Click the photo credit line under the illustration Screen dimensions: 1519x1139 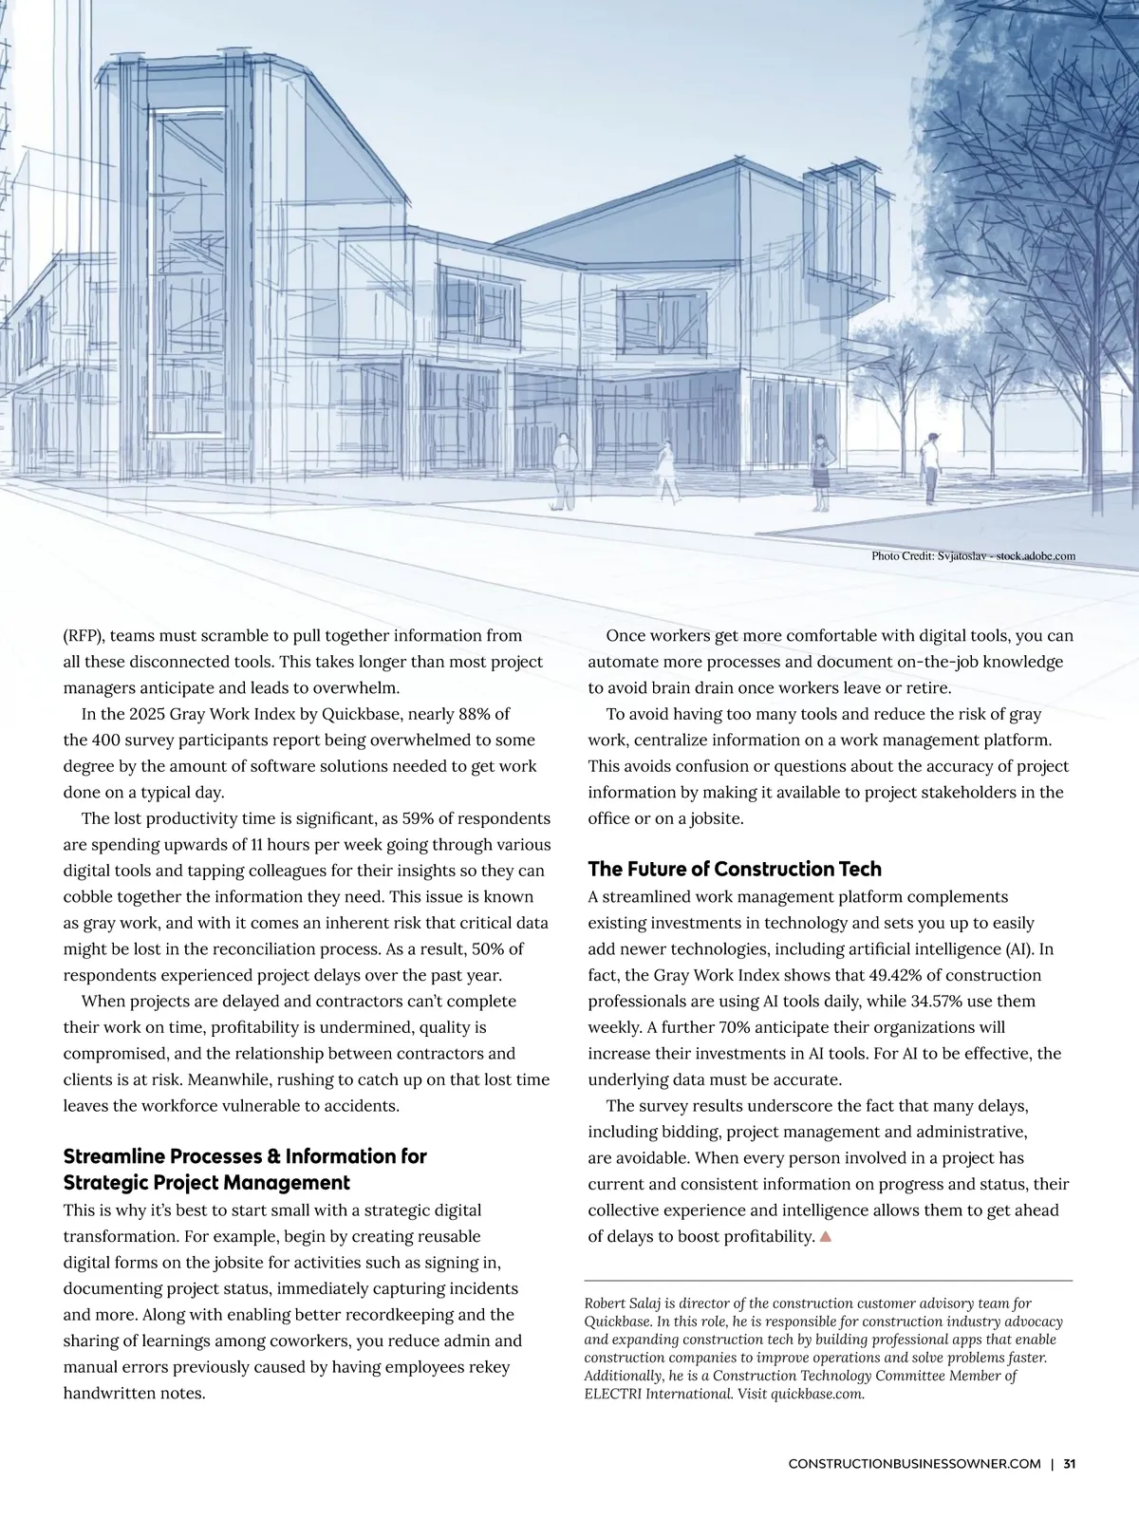pyautogui.click(x=973, y=555)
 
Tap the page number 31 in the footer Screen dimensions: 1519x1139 pyautogui.click(x=1070, y=1463)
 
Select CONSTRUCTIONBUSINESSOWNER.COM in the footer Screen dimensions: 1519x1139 pyautogui.click(x=914, y=1463)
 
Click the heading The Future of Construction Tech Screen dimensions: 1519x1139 pyautogui.click(x=734, y=869)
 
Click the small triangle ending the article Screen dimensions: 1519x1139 pyautogui.click(x=825, y=1237)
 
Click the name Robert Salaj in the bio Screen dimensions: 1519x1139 pyautogui.click(x=626, y=1303)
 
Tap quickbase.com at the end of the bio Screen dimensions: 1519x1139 pyautogui.click(x=816, y=1394)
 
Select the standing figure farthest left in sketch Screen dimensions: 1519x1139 pyautogui.click(x=564, y=471)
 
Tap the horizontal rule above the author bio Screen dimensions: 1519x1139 pyautogui.click(x=828, y=1281)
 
